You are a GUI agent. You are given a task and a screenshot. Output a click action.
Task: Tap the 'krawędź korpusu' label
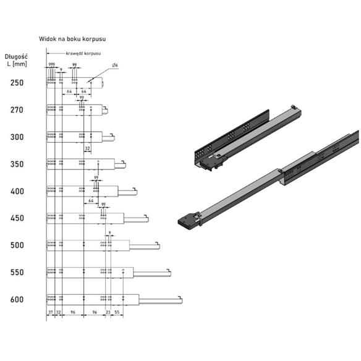(81, 54)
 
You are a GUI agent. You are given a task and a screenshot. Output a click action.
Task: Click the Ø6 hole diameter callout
(115, 66)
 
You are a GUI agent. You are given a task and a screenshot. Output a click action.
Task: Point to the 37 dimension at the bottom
(51, 313)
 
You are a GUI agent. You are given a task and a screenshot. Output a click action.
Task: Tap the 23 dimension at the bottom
(109, 313)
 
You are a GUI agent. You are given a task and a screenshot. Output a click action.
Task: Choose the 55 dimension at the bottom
(117, 313)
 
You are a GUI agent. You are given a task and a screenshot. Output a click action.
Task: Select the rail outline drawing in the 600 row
(93, 300)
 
